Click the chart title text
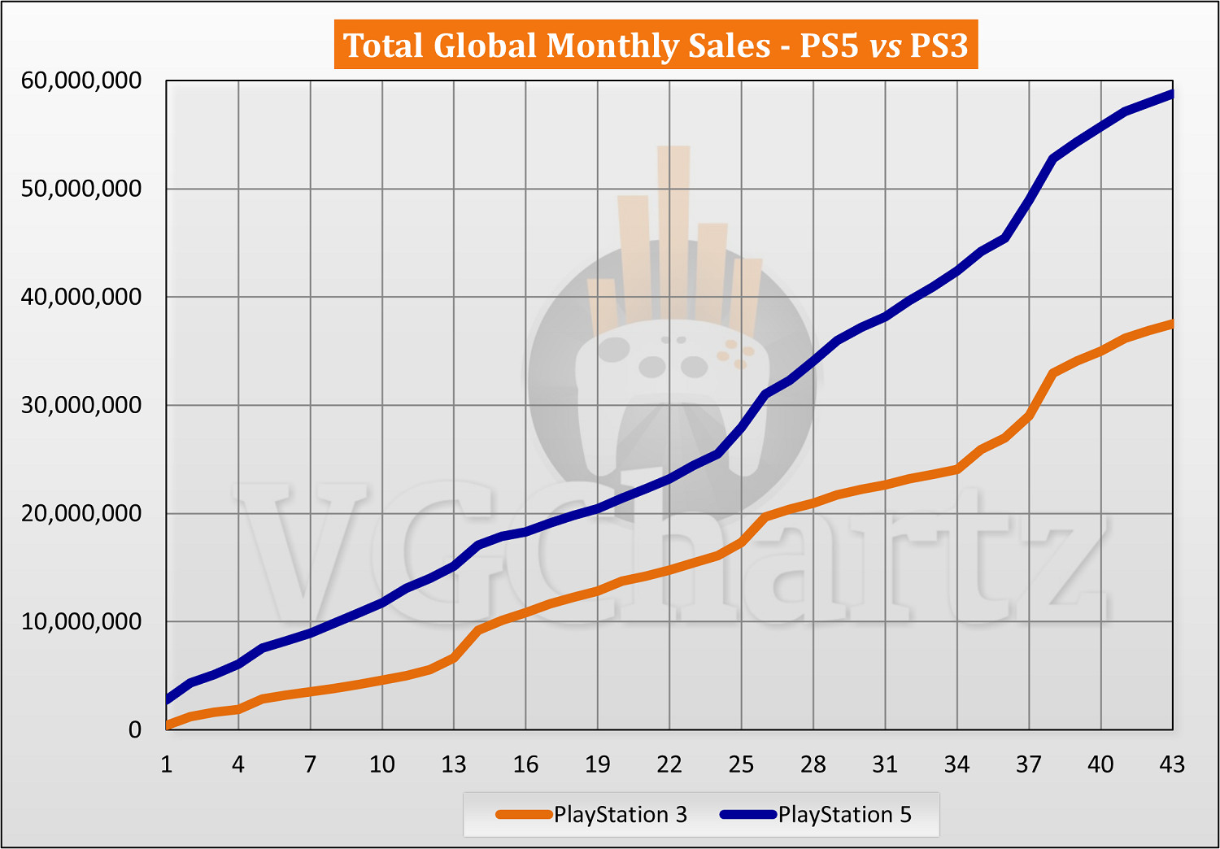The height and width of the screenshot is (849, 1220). pyautogui.click(x=656, y=46)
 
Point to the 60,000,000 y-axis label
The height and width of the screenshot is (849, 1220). pyautogui.click(x=81, y=81)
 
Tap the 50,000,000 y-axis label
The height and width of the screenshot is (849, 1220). pyautogui.click(x=81, y=189)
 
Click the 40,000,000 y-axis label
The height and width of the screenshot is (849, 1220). pyautogui.click(x=81, y=297)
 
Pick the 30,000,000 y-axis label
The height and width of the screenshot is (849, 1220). pyautogui.click(x=81, y=405)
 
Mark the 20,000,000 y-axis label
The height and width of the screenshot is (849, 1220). pyautogui.click(x=81, y=513)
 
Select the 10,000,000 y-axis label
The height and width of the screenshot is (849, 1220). pyautogui.click(x=81, y=621)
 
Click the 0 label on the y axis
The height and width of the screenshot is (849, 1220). pyautogui.click(x=135, y=729)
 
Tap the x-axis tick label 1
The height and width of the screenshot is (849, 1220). pyautogui.click(x=167, y=764)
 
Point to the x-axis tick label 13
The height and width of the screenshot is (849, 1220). pyautogui.click(x=454, y=764)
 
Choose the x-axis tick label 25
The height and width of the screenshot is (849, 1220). pyautogui.click(x=741, y=764)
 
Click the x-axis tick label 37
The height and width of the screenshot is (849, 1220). pyautogui.click(x=1029, y=764)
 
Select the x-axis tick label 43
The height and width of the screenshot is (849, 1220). pyautogui.click(x=1172, y=764)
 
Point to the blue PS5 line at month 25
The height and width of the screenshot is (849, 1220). pyautogui.click(x=741, y=427)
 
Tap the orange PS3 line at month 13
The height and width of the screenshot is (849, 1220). pyautogui.click(x=454, y=657)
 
